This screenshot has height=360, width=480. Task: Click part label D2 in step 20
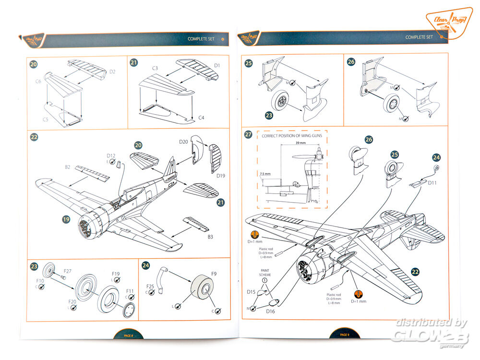(113, 72)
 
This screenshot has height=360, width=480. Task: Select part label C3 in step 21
(155, 69)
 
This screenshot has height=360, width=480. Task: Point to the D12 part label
(111, 156)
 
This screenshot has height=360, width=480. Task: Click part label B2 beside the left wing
(68, 168)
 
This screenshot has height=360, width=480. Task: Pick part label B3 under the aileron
(210, 237)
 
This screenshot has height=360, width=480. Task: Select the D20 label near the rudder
(183, 142)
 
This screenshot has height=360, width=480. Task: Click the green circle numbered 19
(66, 220)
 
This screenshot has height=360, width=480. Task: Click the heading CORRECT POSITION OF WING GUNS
(291, 136)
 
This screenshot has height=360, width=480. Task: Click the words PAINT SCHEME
(264, 272)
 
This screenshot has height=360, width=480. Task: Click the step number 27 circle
(248, 134)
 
